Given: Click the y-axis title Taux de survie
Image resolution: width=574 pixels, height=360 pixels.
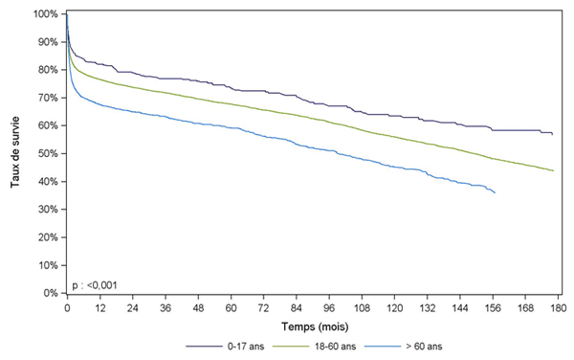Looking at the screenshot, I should pos(16,153).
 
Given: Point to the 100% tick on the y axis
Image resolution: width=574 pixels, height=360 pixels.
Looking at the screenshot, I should pos(45,14).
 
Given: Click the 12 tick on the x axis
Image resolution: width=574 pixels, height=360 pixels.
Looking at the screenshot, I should pos(99,309).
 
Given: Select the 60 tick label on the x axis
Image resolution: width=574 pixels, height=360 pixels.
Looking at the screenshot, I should pos(231,309).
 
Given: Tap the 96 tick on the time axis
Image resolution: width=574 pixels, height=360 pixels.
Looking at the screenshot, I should pos(329,309).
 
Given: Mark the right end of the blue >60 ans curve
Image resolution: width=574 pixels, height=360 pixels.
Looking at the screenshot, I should pos(495,193).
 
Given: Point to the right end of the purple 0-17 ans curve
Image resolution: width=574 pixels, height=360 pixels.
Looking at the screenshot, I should pos(553,134).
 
